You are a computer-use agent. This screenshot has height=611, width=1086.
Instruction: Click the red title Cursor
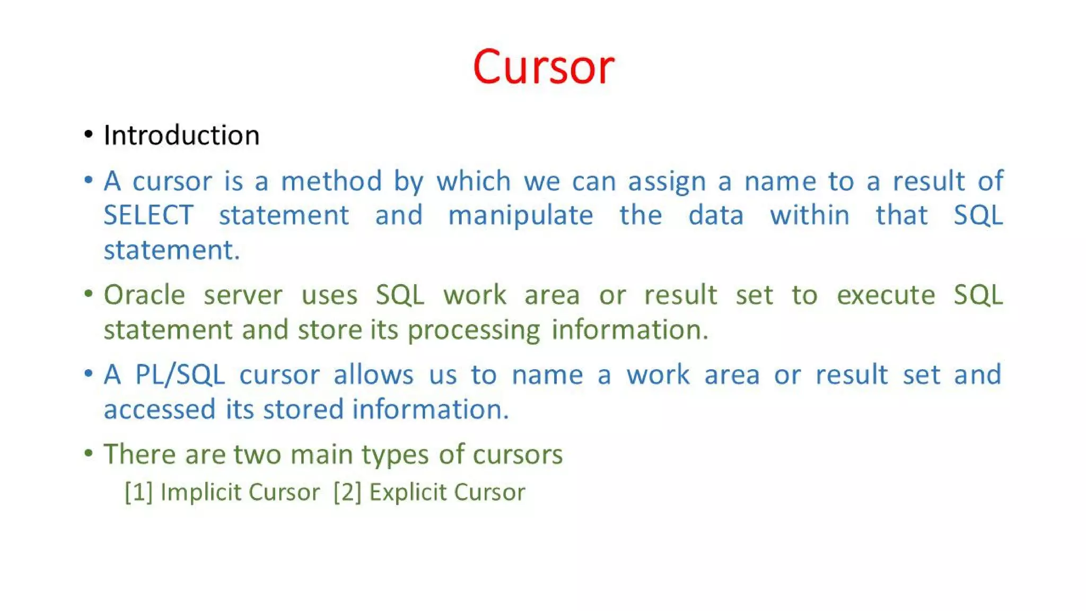[543, 67]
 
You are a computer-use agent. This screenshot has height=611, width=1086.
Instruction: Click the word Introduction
[181, 135]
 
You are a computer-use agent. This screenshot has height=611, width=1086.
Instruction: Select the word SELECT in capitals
[148, 215]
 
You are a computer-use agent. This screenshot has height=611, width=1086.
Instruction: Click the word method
[331, 181]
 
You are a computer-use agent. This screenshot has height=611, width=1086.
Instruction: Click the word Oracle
[144, 295]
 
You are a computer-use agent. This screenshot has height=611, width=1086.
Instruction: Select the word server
[243, 295]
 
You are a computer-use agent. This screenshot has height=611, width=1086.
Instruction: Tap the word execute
[886, 295]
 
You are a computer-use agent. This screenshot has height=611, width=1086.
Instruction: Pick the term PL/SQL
[180, 375]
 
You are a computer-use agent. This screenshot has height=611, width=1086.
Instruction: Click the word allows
[373, 375]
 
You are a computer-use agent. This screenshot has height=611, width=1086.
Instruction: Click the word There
[139, 455]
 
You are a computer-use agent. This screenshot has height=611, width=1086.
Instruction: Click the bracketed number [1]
[138, 492]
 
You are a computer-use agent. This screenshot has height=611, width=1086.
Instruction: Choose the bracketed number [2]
[347, 492]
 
